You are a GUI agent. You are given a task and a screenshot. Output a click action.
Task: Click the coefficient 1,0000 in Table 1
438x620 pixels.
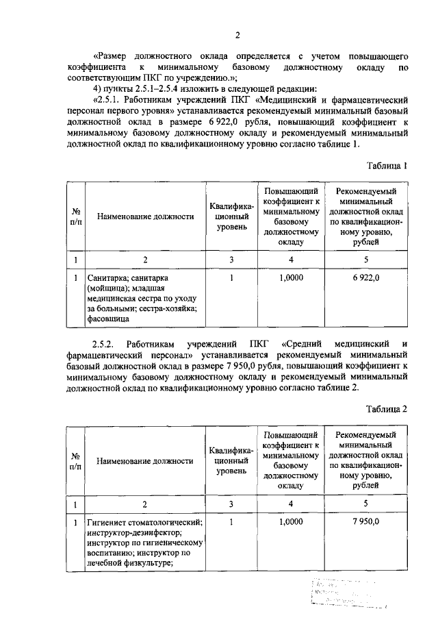pos(291,278)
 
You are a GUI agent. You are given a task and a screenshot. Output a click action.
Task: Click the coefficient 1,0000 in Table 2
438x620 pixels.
pos(291,521)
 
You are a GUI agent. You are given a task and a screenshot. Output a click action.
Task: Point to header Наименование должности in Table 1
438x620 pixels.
pos(144,216)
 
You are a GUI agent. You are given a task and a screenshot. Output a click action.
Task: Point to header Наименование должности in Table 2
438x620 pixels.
pos(144,460)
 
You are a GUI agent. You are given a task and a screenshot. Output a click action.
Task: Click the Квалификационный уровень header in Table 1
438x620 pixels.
pos(232,216)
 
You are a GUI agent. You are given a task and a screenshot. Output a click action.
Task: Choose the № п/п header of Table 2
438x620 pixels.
pos(75,460)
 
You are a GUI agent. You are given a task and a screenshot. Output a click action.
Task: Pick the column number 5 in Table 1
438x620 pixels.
pos(366,260)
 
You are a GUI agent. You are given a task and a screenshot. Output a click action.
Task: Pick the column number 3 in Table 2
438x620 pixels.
pos(232,504)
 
